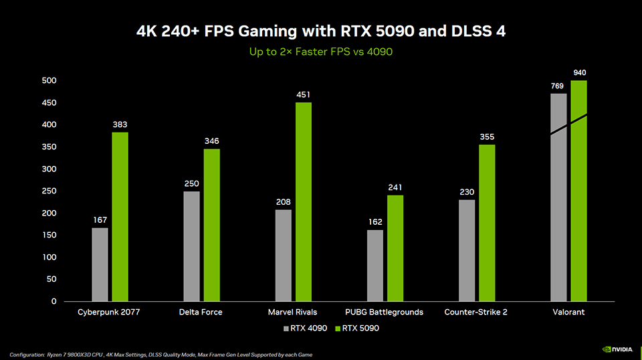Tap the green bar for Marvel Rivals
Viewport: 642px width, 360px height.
(304, 201)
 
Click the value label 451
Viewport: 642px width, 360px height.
(304, 95)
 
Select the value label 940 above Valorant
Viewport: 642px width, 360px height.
(579, 72)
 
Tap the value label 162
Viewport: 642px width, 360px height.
(375, 222)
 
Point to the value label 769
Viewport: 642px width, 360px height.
(558, 86)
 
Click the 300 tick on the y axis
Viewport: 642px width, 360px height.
(49, 169)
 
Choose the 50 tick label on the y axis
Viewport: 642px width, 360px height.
(51, 280)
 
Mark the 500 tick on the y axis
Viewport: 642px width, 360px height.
(49, 81)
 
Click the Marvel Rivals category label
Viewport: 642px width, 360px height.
(292, 312)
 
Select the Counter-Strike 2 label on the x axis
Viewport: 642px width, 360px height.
(475, 312)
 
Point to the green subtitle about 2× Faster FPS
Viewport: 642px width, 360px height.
(320, 52)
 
